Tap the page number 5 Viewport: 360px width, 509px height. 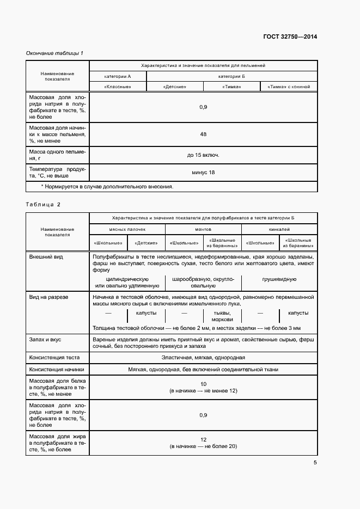point(315,463)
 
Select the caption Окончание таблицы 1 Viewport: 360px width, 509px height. point(54,53)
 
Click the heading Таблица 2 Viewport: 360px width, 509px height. point(43,204)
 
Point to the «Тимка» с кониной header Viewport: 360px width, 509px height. point(289,87)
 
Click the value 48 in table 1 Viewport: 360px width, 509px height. point(203,134)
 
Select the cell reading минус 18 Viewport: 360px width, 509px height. point(203,172)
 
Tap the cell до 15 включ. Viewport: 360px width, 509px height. point(203,155)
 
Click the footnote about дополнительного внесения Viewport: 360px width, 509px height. point(107,186)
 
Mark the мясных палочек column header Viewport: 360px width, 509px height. point(127,230)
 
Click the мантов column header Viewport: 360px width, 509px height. point(203,230)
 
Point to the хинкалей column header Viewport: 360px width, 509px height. point(279,230)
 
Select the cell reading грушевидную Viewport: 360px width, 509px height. point(279,279)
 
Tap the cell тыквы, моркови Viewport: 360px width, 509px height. point(222,316)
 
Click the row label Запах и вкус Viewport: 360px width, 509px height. point(45,339)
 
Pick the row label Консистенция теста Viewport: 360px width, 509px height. point(54,358)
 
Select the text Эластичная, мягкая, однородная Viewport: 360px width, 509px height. point(203,358)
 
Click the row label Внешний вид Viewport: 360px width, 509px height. point(46,256)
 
